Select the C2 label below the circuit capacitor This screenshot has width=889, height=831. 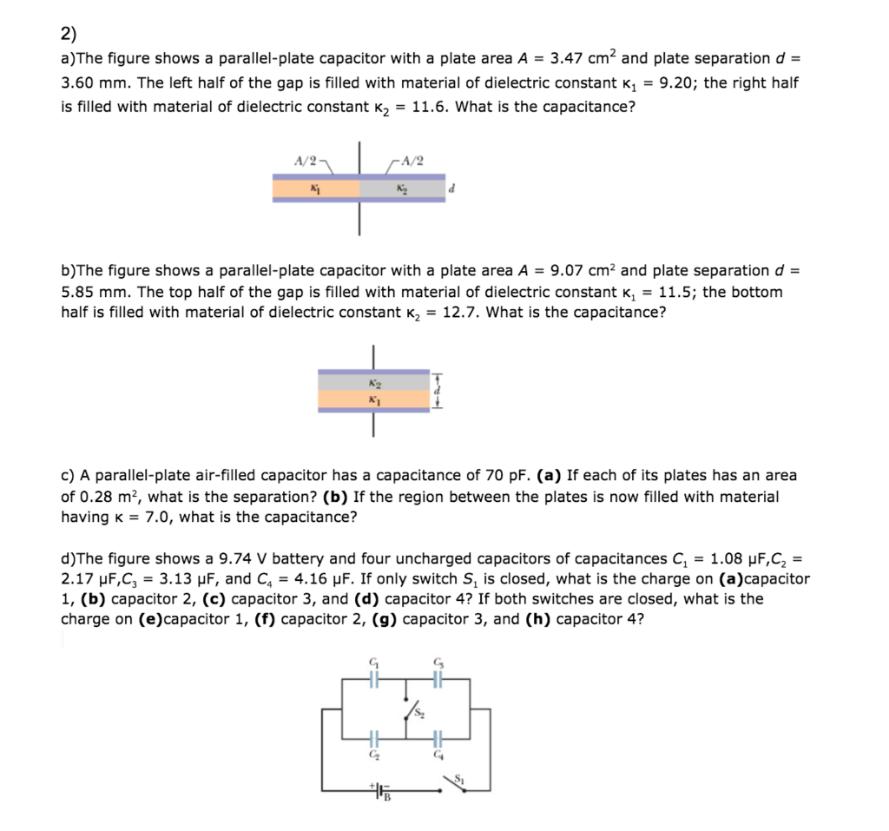click(376, 755)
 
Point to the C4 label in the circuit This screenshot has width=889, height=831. click(438, 755)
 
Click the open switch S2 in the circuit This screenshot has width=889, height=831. click(411, 710)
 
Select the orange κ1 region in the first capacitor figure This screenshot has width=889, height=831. click(315, 188)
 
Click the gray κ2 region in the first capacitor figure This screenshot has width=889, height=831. click(401, 188)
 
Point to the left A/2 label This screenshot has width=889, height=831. click(306, 161)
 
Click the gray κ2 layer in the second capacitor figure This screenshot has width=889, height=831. click(373, 381)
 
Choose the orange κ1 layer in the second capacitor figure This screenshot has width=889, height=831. click(373, 400)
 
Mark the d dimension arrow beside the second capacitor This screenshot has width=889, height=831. click(438, 391)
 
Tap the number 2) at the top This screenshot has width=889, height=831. click(69, 34)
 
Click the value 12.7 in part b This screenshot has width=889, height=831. click(461, 313)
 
